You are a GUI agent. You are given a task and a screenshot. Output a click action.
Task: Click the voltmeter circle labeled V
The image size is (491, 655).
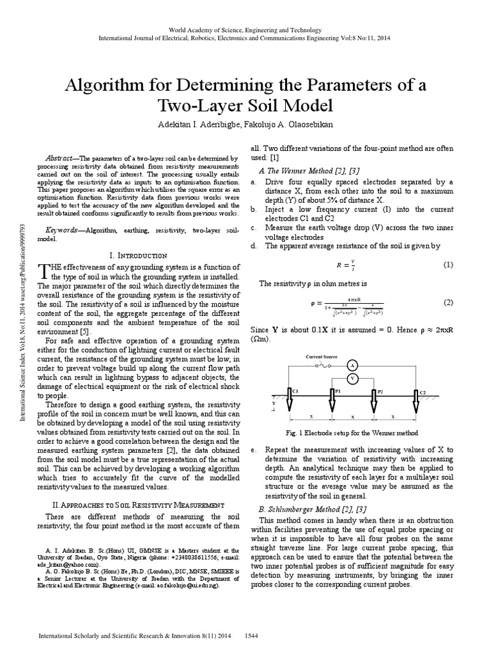(x=351, y=379)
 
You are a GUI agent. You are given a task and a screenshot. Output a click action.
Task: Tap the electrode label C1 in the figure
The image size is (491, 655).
(x=295, y=391)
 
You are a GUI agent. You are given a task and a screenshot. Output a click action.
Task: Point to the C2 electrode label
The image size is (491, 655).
(x=422, y=391)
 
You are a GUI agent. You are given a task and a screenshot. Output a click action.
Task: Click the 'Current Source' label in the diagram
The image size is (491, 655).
(x=322, y=356)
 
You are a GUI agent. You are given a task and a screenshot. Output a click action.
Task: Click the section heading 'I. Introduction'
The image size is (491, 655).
(x=139, y=255)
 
